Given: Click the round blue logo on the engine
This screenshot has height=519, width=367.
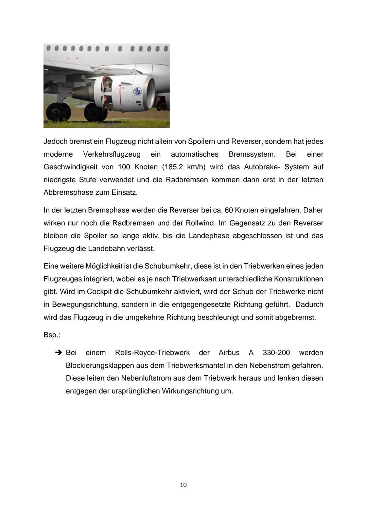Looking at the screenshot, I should point(138,91).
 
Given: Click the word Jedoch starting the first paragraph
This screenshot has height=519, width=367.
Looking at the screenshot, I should point(55,141).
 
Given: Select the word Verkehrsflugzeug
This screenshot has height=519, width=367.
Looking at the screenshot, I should point(112,154).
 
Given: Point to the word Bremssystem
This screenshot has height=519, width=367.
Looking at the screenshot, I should point(252,154).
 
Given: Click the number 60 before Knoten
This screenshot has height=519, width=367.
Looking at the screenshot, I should point(229,210).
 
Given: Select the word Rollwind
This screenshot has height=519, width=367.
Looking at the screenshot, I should point(199,223).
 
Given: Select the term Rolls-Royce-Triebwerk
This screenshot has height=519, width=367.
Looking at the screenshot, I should point(152,353).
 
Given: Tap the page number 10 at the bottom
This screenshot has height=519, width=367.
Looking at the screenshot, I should point(183,485).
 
